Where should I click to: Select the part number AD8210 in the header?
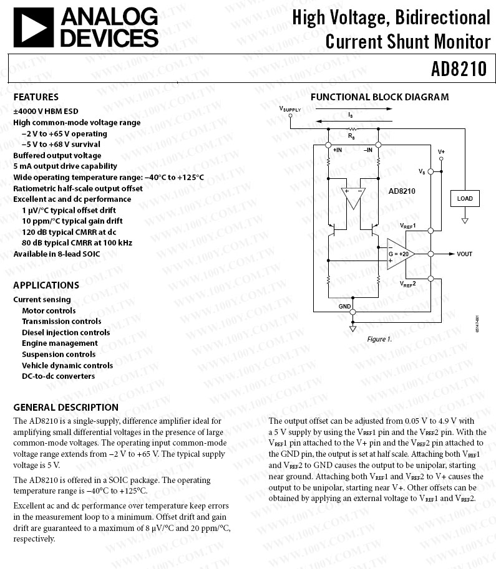tap(458, 68)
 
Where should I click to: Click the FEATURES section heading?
tap(36, 97)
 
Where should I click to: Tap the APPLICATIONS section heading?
tap(46, 285)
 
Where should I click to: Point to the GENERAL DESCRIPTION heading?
tap(66, 407)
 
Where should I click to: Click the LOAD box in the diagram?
tap(464, 199)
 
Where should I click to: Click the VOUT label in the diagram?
tap(464, 254)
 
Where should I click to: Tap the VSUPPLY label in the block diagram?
tap(290, 109)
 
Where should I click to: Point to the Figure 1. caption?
tap(379, 339)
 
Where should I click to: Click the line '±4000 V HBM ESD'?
tap(46, 112)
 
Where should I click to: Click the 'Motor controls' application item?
tap(49, 310)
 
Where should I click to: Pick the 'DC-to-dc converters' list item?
tap(58, 376)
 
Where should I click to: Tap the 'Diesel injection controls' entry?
tap(66, 332)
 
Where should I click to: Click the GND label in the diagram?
tap(344, 307)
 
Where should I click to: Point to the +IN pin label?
tap(338, 150)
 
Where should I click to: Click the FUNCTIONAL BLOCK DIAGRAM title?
tap(379, 97)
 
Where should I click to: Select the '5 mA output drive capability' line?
tap(65, 166)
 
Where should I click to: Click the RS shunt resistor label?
tap(351, 135)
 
